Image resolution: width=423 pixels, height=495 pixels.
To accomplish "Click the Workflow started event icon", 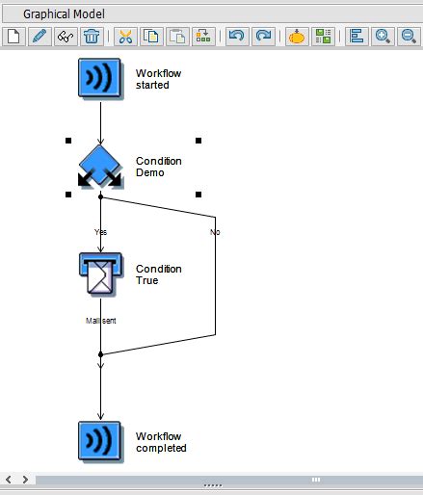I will click(100, 78).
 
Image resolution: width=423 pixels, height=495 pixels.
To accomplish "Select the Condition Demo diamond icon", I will click(100, 166).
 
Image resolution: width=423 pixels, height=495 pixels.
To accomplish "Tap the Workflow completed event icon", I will click(100, 441).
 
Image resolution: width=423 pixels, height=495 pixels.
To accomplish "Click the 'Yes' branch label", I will click(100, 232).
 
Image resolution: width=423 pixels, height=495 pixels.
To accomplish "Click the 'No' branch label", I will click(215, 232).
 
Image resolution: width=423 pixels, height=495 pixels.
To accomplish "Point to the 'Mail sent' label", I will click(100, 321).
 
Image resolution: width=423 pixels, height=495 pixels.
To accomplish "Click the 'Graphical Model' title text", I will click(65, 14).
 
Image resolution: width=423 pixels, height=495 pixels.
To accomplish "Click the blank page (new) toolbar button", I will click(13, 37).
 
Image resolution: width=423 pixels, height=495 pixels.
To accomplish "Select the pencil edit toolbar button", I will click(40, 37).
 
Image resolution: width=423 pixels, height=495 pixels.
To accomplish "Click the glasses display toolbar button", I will click(66, 37).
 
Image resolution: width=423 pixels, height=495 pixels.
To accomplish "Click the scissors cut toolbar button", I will click(125, 37).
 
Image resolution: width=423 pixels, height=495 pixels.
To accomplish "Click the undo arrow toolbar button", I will click(236, 37).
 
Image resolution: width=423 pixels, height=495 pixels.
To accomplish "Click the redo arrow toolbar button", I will click(262, 37).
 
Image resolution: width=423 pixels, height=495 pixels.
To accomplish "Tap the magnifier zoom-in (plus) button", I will click(383, 37).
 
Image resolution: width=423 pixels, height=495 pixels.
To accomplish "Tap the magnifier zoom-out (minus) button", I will click(409, 37).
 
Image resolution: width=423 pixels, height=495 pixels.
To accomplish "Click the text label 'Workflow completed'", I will click(161, 442).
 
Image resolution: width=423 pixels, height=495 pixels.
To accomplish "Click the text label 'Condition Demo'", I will click(158, 167).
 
